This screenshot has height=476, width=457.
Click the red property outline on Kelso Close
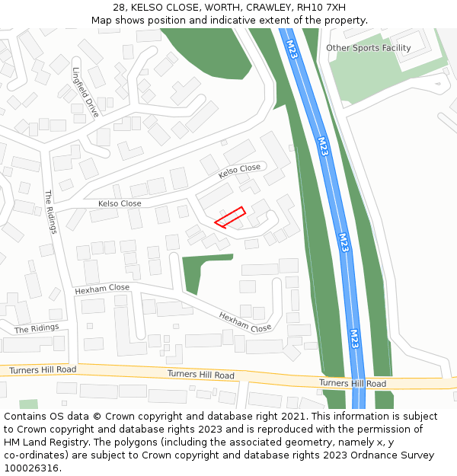click(x=230, y=217)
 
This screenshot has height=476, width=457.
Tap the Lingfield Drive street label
click(x=85, y=91)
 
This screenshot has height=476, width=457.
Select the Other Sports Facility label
click(x=369, y=48)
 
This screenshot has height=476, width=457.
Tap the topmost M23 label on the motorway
click(x=292, y=49)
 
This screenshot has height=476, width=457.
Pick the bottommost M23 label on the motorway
click(x=354, y=337)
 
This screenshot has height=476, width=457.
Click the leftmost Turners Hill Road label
click(x=43, y=370)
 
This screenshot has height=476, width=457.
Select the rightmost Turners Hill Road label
click(x=352, y=383)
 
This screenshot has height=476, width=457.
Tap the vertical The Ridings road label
click(x=51, y=211)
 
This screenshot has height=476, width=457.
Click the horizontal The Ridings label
click(x=37, y=328)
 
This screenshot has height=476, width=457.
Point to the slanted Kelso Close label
click(x=239, y=171)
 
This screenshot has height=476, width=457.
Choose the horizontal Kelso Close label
click(x=120, y=203)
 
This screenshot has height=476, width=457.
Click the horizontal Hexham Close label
click(x=102, y=289)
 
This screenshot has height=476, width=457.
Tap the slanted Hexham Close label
click(x=245, y=322)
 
